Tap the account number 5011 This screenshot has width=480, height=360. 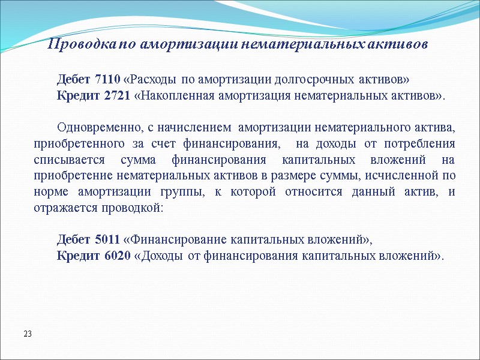(108, 240)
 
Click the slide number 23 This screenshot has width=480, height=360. (28, 333)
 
